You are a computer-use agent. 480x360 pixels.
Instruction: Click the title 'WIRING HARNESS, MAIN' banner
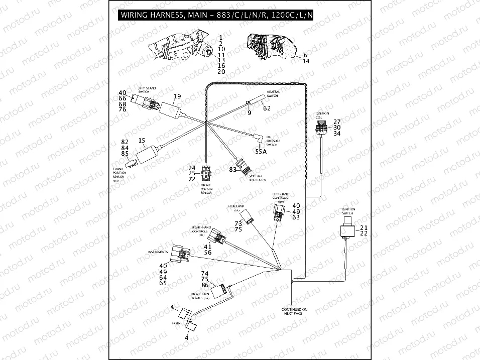216,15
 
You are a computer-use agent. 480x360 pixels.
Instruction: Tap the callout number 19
177,96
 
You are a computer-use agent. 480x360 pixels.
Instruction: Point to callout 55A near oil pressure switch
261,151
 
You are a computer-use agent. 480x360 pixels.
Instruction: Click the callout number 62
267,108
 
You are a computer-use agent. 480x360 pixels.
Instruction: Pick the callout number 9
249,113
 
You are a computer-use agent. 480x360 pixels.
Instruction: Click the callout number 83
232,170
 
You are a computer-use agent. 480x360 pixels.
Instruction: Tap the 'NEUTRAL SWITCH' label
273,94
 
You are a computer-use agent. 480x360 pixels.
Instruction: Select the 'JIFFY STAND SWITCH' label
147,90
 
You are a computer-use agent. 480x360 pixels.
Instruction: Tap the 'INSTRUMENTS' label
158,252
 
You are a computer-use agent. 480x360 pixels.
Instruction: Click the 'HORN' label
176,323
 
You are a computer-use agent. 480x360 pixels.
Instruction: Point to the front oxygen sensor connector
205,172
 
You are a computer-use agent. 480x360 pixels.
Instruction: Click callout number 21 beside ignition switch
364,228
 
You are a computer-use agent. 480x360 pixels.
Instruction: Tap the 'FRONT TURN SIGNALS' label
199,295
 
